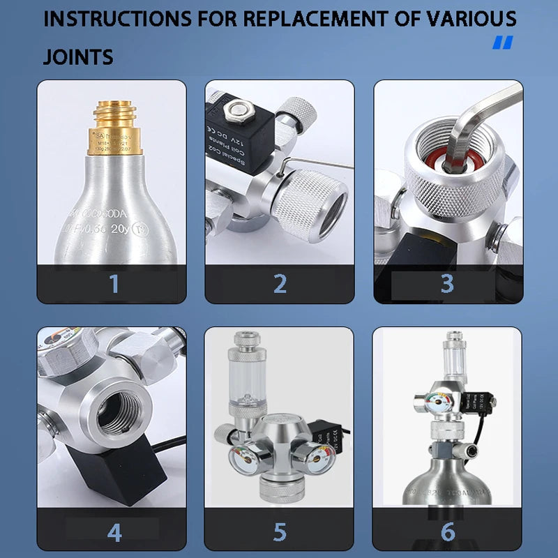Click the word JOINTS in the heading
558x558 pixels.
(x=78, y=56)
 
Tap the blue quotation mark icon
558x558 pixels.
(x=502, y=43)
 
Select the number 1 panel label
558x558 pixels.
(x=114, y=284)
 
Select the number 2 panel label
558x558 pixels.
(x=280, y=284)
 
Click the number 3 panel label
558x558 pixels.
(x=447, y=284)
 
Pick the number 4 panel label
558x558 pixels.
(x=114, y=532)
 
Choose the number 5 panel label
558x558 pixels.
(x=280, y=532)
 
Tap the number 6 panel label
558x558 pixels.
(x=447, y=532)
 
